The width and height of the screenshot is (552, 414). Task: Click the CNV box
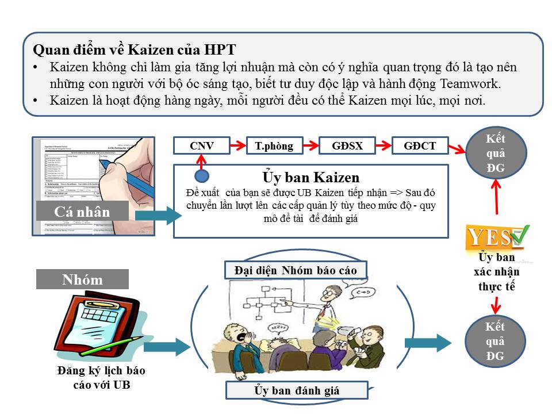click(202, 145)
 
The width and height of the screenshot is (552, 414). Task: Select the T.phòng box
click(274, 145)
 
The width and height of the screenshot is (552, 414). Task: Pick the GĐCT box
click(419, 145)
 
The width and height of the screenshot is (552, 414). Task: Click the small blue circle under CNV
click(202, 175)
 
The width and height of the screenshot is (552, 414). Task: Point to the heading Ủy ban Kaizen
click(310, 177)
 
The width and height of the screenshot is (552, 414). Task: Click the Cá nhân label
click(82, 211)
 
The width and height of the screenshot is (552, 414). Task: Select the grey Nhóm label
click(82, 279)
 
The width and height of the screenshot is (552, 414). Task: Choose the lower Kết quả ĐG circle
click(495, 342)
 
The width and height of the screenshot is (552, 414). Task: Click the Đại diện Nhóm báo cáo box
click(295, 270)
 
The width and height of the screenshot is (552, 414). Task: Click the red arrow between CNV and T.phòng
click(239, 145)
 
